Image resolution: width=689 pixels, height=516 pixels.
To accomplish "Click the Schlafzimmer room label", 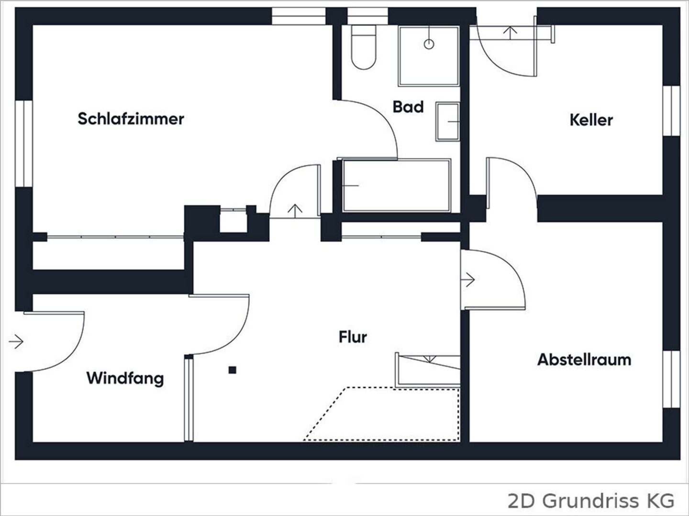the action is coord(131,119).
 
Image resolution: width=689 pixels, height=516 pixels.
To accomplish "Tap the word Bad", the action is coord(408,107).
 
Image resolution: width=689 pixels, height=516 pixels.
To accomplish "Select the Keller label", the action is coord(591,120).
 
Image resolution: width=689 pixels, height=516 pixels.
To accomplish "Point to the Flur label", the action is coord(353,337).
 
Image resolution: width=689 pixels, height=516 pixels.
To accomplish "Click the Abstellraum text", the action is coord(584,360).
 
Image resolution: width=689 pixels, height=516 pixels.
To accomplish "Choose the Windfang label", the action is coord(125,378).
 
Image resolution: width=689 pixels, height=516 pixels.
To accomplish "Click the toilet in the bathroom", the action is coord(364,47).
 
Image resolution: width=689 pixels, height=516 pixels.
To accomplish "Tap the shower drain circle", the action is coord(429,44).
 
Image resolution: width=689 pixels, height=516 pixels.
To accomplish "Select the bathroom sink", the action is coord(448,121).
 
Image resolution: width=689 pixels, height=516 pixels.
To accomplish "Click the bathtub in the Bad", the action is coord(397,186).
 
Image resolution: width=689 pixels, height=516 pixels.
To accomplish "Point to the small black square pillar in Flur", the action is coord(232,370).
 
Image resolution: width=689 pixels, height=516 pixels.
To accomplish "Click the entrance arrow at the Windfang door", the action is coord(16,341).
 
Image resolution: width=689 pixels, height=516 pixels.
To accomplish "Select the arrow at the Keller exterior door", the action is coord(510,33).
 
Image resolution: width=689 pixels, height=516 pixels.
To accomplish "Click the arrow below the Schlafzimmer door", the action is coord(295,211).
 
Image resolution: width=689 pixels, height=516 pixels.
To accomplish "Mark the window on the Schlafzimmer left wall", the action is coord(24,144).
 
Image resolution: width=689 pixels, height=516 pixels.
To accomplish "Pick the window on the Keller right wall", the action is coord(671,110).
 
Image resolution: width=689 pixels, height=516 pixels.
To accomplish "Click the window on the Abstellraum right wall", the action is coord(671,379).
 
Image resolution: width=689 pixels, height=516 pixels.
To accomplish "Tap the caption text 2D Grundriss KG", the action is coord(591,501).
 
